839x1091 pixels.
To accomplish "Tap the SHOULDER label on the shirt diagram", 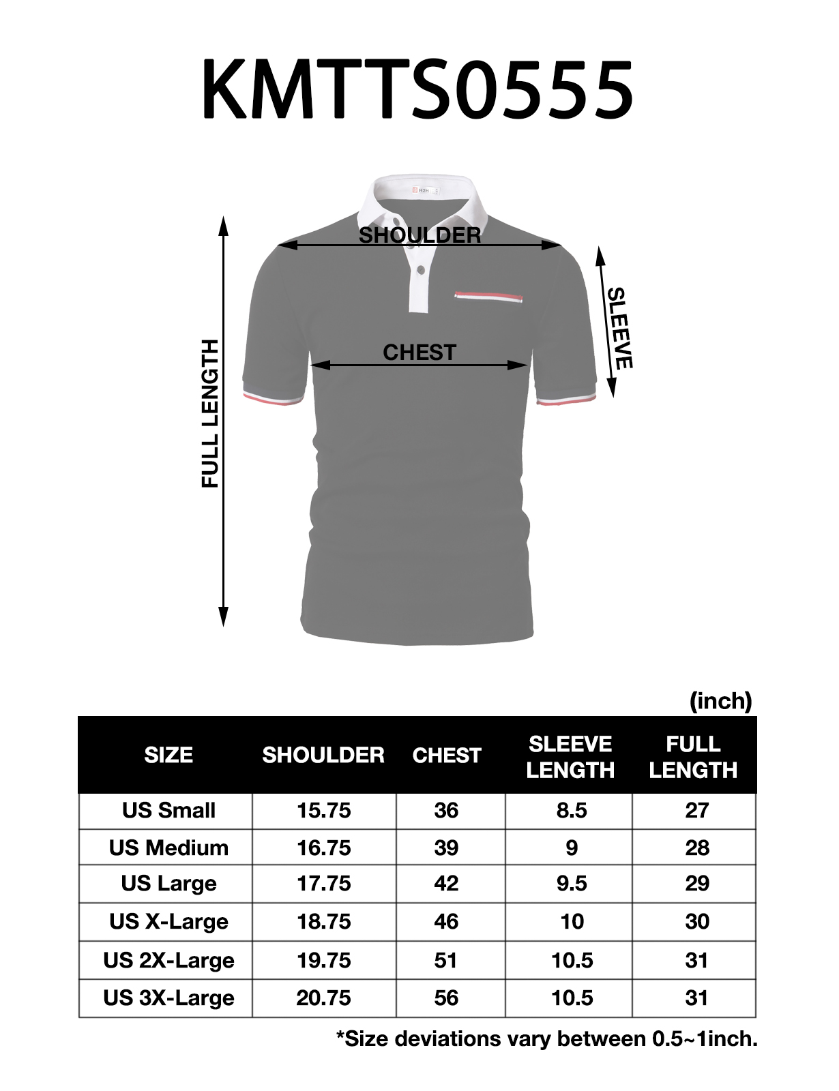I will tap(419, 235).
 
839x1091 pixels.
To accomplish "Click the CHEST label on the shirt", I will tap(419, 352).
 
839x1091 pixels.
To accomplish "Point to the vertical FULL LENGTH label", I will tap(210, 413).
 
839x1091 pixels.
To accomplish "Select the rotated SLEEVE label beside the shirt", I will tap(619, 328).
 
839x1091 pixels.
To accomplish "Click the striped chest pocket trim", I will tap(488, 297).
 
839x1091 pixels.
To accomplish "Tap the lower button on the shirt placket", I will tap(421, 271).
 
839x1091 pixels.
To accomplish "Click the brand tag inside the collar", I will tap(423, 190).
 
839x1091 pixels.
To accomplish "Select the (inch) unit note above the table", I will tap(720, 700).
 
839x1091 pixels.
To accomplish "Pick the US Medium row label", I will tap(168, 848).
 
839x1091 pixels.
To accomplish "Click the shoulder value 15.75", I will tap(323, 810).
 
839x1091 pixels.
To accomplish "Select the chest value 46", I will tap(446, 921).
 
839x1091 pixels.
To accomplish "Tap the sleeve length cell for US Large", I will tap(572, 883).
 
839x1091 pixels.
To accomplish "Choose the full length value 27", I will tap(696, 810).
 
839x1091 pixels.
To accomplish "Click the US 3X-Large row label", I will tap(168, 998).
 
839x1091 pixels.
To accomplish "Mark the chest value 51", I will tap(446, 960).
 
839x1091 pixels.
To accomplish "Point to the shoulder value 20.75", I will tap(323, 998).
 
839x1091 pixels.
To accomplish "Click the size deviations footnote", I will tap(546, 1038).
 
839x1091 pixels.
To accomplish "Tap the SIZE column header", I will tap(168, 755).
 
